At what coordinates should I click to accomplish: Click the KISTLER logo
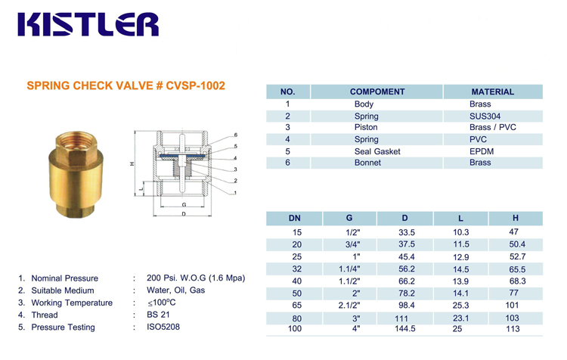point(88,25)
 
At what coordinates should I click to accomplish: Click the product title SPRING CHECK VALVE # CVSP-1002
point(125,85)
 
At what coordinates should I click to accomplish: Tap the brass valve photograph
point(76,175)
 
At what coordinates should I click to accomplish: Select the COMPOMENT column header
point(377,92)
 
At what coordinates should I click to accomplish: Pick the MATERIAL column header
point(492,92)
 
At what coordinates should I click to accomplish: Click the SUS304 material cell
point(485,116)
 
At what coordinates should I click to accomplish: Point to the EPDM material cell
point(482,151)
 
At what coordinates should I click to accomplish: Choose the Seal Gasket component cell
point(377,151)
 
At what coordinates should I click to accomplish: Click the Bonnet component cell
point(367,163)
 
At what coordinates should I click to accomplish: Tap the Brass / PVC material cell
point(492,127)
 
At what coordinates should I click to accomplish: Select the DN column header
point(294,218)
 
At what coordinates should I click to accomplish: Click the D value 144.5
point(404,328)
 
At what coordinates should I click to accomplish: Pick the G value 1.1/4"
point(349,269)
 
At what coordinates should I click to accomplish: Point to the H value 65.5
point(517,269)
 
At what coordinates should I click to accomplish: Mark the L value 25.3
point(460,306)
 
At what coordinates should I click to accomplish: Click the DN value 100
point(295,328)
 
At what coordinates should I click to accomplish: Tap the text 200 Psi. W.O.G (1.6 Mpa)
point(196,278)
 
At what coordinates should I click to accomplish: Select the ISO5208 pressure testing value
point(163,327)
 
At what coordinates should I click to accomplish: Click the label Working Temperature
point(72,303)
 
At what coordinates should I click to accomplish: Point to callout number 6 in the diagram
point(235,135)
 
